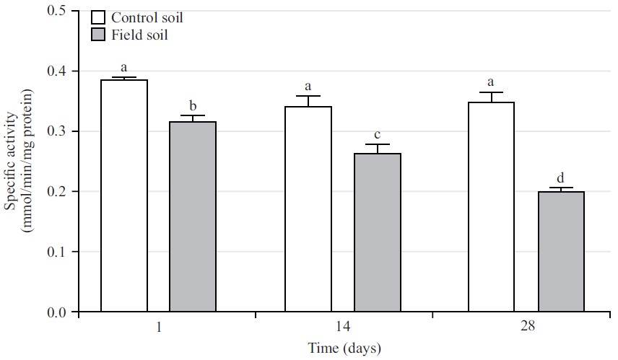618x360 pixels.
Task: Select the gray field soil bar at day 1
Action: (x=193, y=217)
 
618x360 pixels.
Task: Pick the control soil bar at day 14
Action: (x=308, y=209)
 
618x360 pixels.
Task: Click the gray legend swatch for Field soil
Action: (x=99, y=35)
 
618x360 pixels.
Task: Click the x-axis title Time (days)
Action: (x=342, y=348)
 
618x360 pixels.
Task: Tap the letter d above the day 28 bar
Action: (x=561, y=178)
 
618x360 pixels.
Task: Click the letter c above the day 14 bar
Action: (x=378, y=134)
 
